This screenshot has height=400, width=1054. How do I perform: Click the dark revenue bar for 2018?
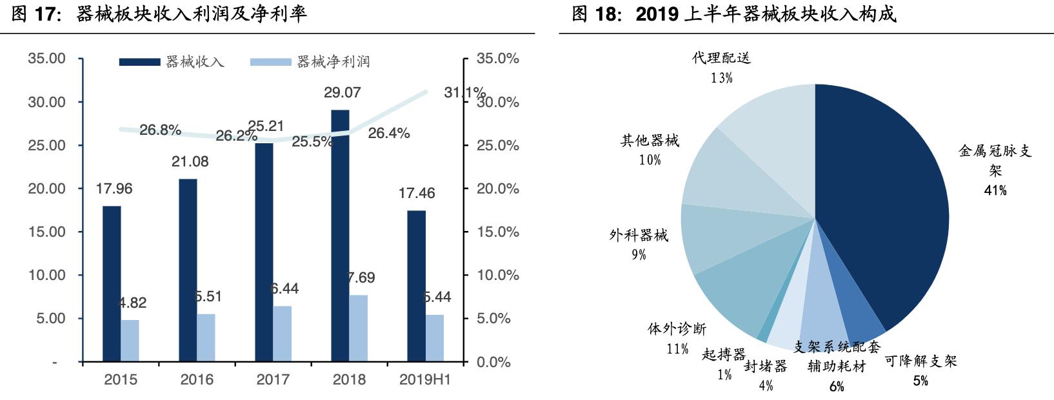point(340,235)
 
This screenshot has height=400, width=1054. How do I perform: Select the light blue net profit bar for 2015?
point(130,340)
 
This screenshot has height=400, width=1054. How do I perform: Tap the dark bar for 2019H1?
point(416,285)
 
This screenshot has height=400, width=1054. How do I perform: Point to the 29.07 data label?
point(342,93)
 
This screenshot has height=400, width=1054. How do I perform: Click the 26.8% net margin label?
point(160,130)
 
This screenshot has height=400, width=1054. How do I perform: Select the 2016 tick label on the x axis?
point(197,379)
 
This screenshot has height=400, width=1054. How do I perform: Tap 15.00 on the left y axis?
point(47,232)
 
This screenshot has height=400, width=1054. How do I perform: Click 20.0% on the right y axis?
point(497,188)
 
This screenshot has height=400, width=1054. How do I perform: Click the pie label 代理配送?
point(721,58)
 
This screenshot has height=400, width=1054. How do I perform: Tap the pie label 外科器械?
point(639,235)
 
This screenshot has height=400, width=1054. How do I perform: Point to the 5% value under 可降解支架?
point(920,381)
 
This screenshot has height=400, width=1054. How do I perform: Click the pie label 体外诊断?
point(677,329)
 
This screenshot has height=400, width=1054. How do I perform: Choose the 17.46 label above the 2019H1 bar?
point(417,193)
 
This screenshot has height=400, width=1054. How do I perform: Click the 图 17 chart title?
point(159,14)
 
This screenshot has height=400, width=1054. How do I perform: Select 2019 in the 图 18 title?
point(657,14)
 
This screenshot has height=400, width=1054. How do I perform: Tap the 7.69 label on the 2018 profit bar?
point(361,278)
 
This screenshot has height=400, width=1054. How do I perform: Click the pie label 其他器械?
point(650,141)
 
